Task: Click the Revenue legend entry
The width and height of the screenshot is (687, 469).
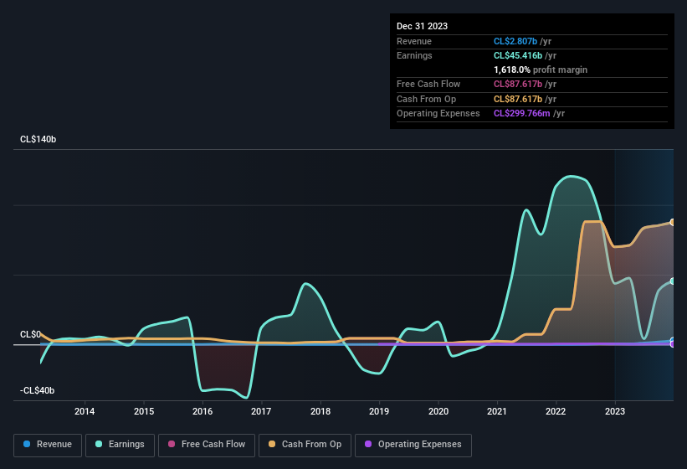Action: (x=48, y=444)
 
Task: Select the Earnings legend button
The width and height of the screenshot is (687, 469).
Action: (x=120, y=444)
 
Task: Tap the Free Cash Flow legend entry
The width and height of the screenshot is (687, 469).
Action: (x=207, y=444)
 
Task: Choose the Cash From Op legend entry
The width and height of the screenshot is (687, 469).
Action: (x=305, y=444)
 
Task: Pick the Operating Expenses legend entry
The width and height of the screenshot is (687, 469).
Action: (x=413, y=444)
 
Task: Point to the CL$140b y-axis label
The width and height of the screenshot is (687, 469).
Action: (x=38, y=140)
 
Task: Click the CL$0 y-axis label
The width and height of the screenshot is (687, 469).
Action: (x=30, y=334)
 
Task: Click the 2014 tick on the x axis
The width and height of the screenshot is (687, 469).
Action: (x=84, y=411)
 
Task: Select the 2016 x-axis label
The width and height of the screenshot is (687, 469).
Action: (x=202, y=411)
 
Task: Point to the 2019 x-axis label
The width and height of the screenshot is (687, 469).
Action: (x=379, y=411)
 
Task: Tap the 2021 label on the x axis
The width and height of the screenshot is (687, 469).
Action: (x=497, y=411)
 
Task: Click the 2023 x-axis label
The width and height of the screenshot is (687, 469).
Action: (x=615, y=411)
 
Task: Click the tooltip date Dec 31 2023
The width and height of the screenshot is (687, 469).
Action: (x=422, y=26)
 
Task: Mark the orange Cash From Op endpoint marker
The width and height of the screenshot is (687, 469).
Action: (x=673, y=222)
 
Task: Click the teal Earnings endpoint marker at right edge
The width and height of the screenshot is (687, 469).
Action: (x=673, y=281)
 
